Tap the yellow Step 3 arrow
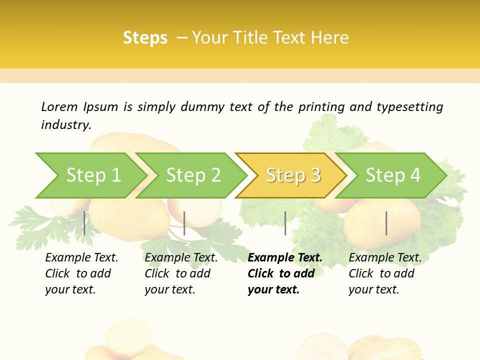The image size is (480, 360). pyautogui.click(x=293, y=175)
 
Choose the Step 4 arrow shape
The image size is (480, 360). pyautogui.click(x=393, y=175)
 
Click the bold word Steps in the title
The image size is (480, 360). pyautogui.click(x=145, y=38)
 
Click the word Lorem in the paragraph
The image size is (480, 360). pyautogui.click(x=59, y=106)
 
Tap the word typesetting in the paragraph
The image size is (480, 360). pyautogui.click(x=409, y=106)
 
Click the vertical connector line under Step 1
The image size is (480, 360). pyautogui.click(x=84, y=223)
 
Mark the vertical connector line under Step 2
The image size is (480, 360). pyautogui.click(x=184, y=223)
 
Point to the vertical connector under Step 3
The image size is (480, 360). pyautogui.click(x=285, y=223)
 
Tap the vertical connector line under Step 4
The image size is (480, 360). pyautogui.click(x=386, y=223)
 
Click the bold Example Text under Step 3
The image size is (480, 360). pyautogui.click(x=285, y=258)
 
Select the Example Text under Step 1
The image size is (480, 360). pyautogui.click(x=81, y=258)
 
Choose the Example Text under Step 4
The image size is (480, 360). pyautogui.click(x=385, y=258)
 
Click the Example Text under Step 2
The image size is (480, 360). pyautogui.click(x=181, y=258)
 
